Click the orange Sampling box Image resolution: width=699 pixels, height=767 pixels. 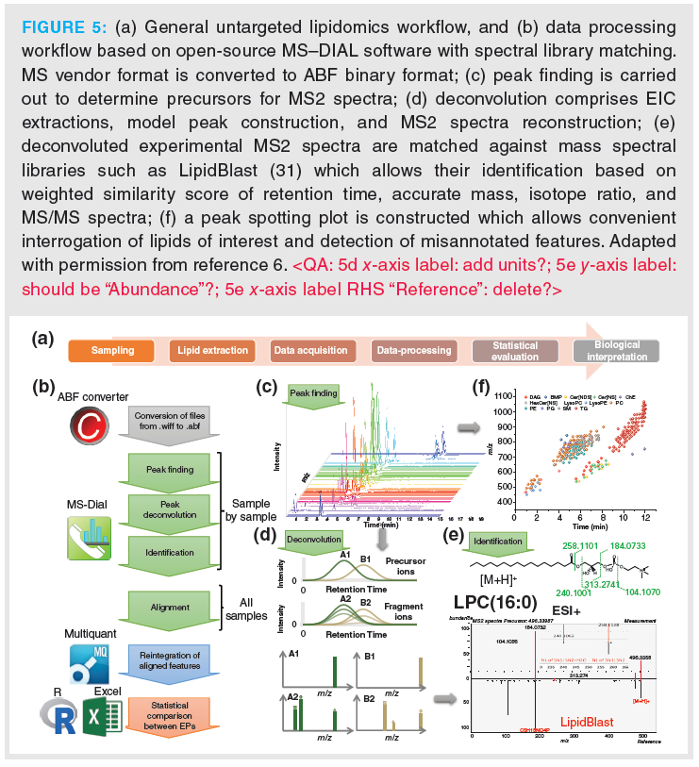pos(112,351)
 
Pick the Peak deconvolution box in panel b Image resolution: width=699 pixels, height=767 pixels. pos(171,510)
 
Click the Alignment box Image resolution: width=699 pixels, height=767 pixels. pos(171,608)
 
